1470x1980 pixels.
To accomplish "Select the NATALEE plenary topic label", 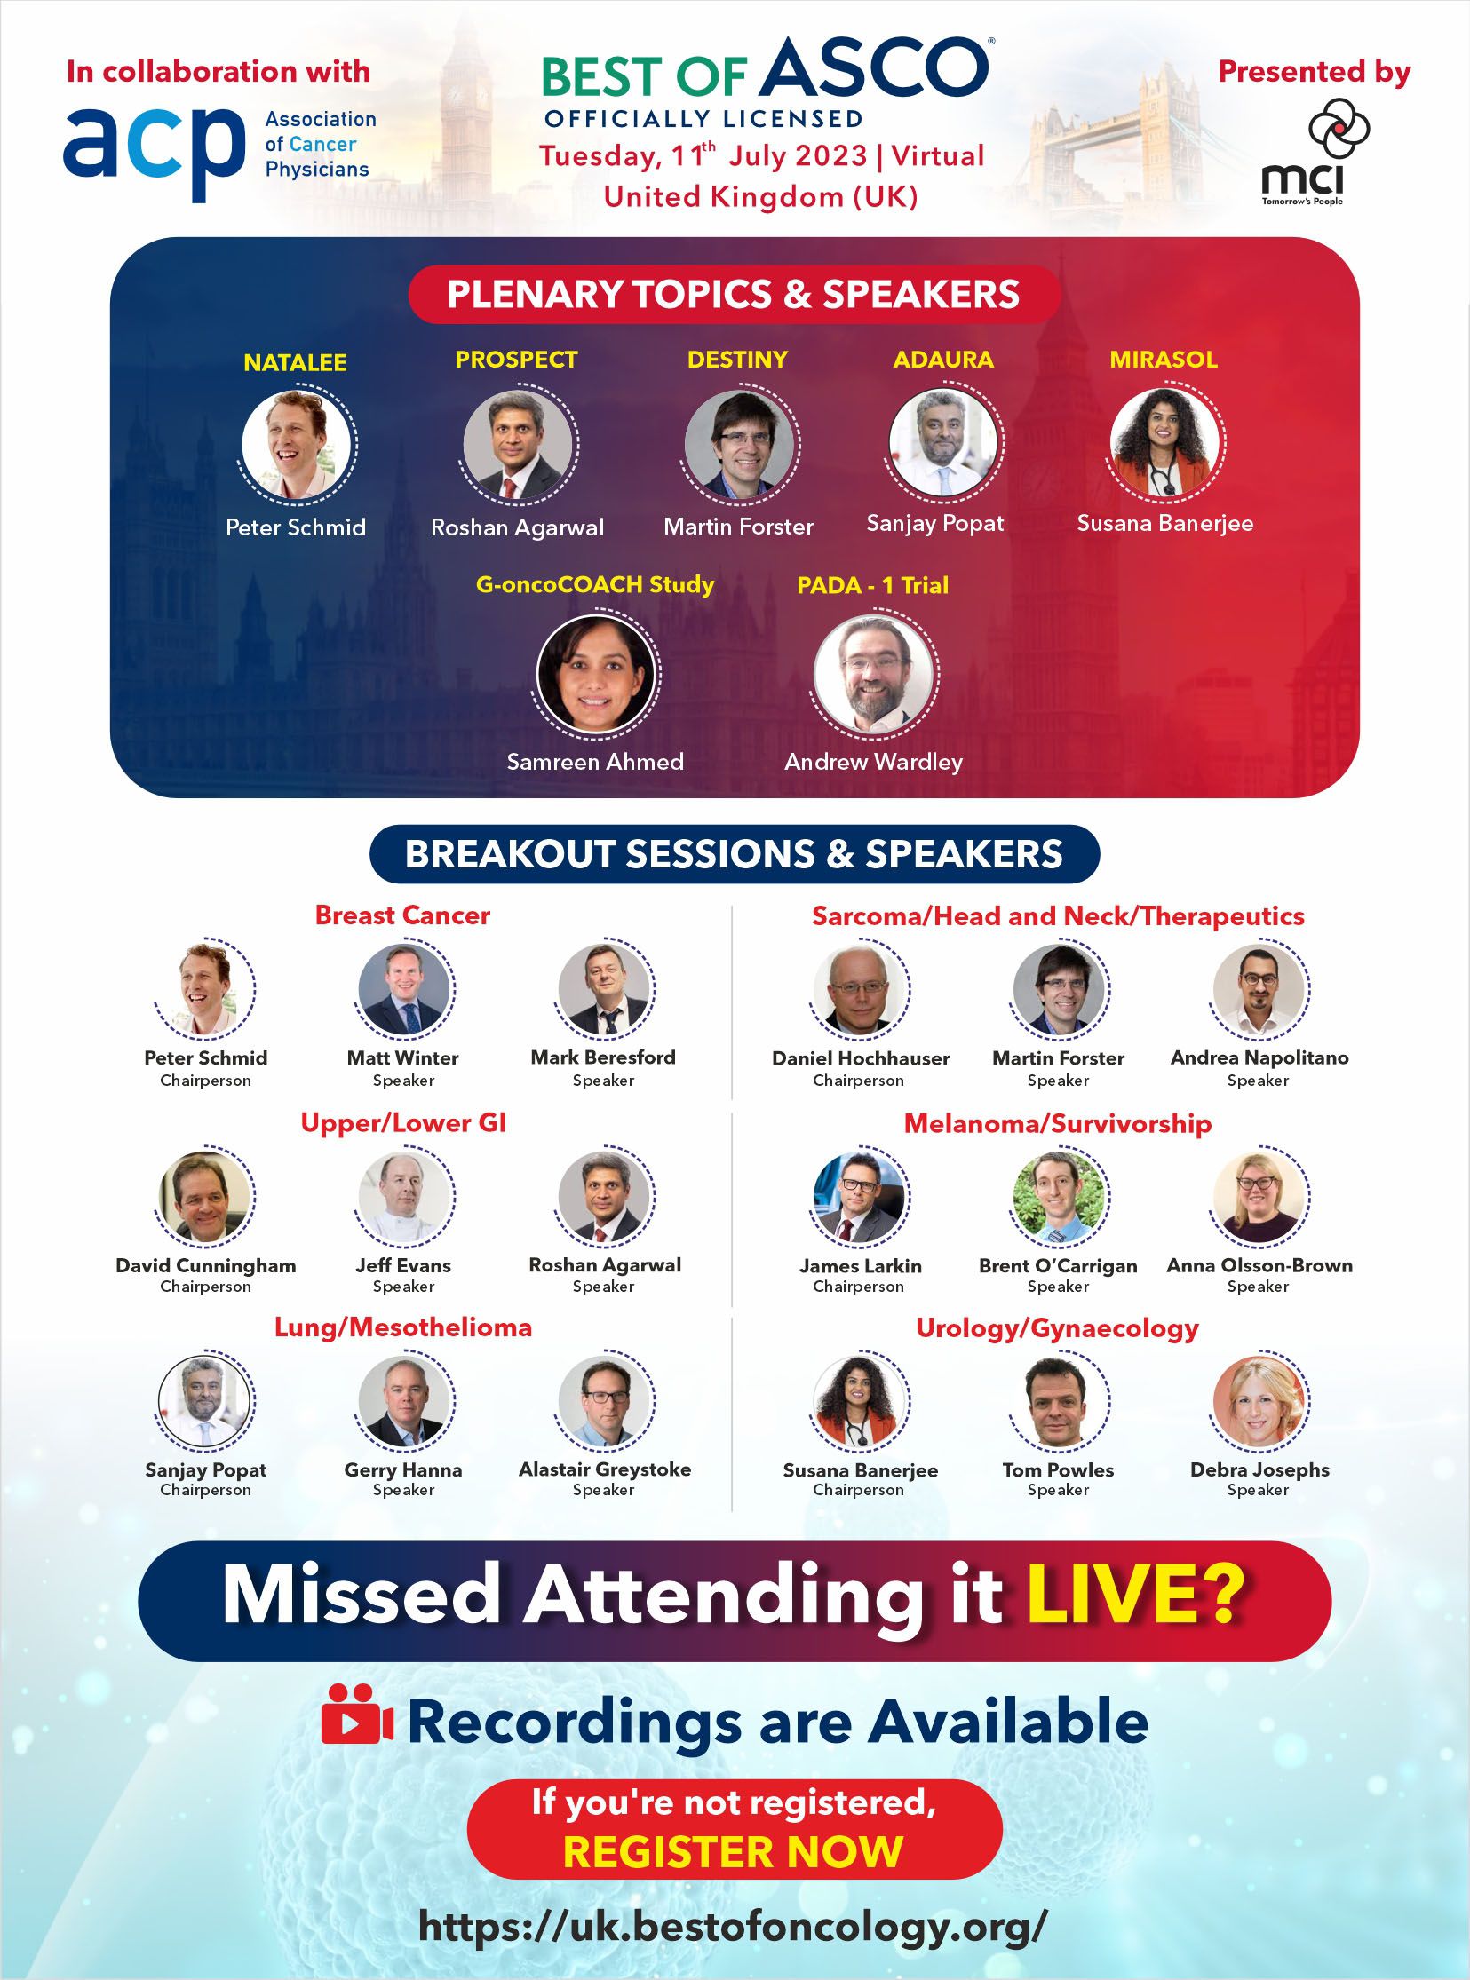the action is [x=296, y=363].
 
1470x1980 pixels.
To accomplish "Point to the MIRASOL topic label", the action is [x=1163, y=360].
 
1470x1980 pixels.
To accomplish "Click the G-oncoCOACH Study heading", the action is [x=595, y=584].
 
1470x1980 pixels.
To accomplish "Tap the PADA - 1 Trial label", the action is [x=873, y=585].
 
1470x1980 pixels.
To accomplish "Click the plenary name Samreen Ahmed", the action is [x=595, y=762].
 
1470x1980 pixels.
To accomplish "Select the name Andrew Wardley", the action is [x=874, y=763].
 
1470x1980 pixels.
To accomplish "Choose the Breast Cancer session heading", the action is [x=402, y=915].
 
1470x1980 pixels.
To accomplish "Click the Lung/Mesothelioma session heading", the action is [x=403, y=1327].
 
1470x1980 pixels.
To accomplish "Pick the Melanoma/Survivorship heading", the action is [x=1058, y=1123].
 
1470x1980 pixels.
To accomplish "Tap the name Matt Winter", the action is [x=403, y=1057].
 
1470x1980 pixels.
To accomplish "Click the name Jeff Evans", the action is [x=403, y=1265].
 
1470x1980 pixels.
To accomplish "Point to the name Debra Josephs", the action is [x=1260, y=1470].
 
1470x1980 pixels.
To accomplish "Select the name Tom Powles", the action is [x=1058, y=1470].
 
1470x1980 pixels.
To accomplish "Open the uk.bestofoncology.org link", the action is [x=733, y=1927].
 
